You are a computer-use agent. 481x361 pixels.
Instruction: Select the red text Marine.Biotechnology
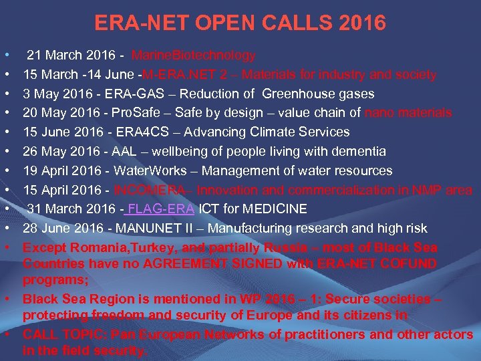tap(193, 55)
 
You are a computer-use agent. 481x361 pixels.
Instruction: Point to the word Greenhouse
tap(295, 94)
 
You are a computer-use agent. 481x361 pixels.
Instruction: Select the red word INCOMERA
tap(144, 191)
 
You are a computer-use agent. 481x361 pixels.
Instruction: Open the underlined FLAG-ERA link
tap(165, 209)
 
